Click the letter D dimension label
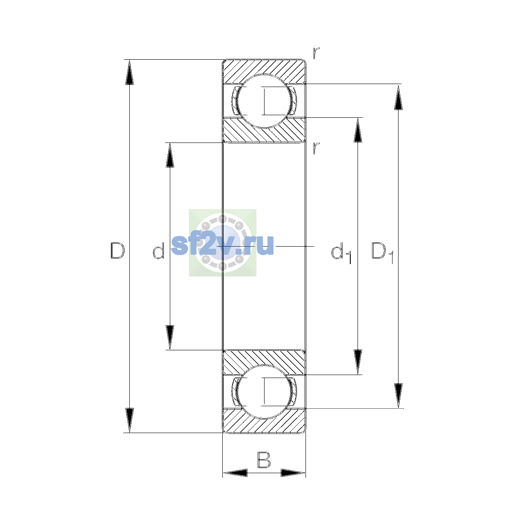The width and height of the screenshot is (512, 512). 118,250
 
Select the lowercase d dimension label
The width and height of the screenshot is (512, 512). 158,250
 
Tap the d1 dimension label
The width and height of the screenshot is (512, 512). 341,253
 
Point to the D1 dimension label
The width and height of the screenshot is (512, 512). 382,253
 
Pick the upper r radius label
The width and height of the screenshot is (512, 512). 316,53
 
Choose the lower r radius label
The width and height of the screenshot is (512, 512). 316,148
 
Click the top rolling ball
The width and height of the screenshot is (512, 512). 264,101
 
